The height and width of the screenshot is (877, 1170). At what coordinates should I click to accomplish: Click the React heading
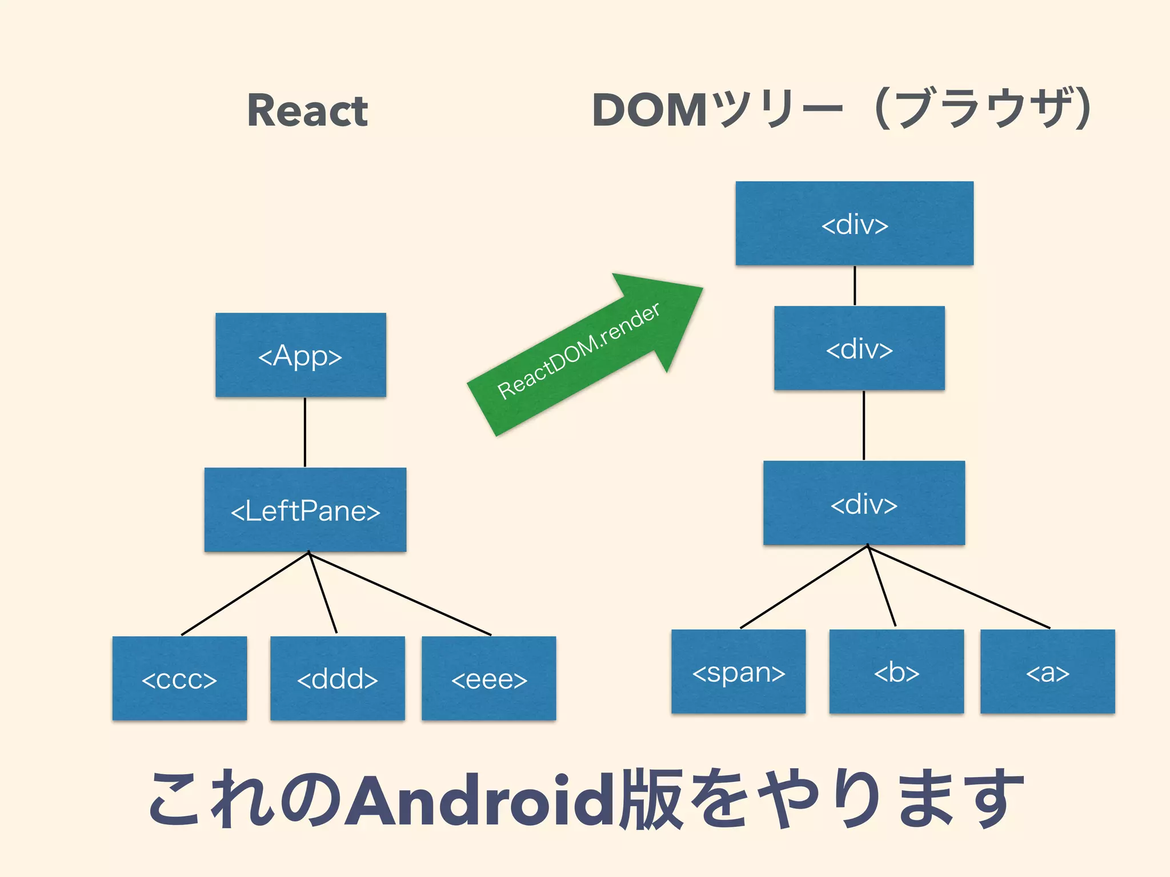click(x=307, y=111)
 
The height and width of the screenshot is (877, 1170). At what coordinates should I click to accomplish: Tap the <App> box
click(x=300, y=355)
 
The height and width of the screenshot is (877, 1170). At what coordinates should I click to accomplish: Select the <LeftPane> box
click(x=305, y=510)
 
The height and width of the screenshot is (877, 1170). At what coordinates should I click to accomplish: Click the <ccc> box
click(x=179, y=678)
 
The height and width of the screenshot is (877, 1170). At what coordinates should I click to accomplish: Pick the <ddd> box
click(x=337, y=678)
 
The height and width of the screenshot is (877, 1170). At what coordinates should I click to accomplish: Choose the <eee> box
click(x=488, y=678)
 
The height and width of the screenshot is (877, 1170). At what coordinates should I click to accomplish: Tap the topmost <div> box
click(x=854, y=223)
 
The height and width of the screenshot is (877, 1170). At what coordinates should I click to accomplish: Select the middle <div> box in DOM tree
click(x=859, y=348)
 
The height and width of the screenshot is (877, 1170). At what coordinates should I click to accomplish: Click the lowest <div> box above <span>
click(x=864, y=503)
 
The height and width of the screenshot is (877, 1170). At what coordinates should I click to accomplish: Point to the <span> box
click(x=738, y=671)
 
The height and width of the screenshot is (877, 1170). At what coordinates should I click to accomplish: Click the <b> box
click(x=896, y=671)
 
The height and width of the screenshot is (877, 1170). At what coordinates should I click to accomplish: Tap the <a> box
click(x=1047, y=671)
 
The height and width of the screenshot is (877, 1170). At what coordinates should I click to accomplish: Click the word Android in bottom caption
click(x=483, y=800)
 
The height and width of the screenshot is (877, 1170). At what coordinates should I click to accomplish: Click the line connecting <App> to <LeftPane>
click(x=305, y=432)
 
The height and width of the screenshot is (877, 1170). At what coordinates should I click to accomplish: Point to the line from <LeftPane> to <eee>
click(x=400, y=594)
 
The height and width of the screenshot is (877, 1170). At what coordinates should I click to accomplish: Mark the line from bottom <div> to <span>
click(x=804, y=587)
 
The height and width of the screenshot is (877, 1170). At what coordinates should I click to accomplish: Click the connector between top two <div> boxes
click(x=855, y=285)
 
